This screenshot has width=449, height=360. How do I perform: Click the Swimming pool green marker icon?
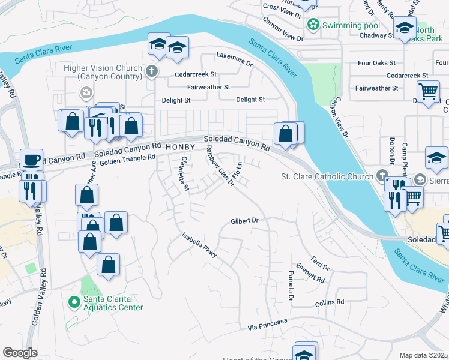(312, 25)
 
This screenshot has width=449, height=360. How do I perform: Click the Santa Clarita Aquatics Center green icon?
(74, 302)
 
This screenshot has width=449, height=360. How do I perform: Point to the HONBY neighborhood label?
(181, 147)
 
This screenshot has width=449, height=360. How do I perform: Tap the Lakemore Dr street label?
(234, 60)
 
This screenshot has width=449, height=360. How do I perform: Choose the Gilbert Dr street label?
(244, 221)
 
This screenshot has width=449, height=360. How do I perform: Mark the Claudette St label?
(185, 173)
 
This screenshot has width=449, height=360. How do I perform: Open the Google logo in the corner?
(20, 353)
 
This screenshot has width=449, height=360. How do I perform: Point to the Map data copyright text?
(423, 355)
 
